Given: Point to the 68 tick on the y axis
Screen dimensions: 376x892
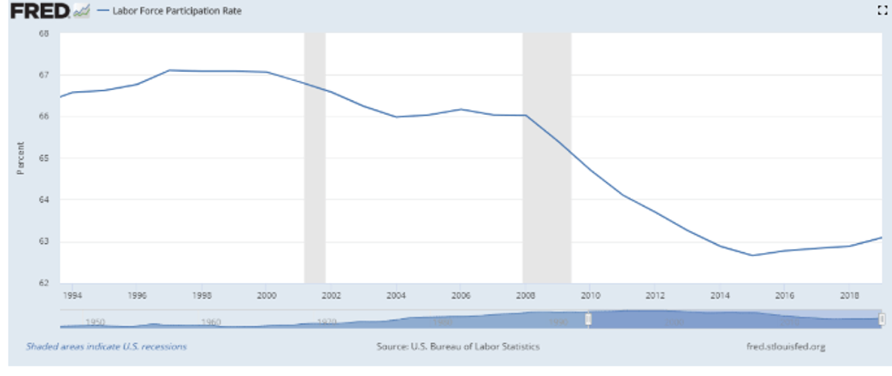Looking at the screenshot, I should [x=44, y=34].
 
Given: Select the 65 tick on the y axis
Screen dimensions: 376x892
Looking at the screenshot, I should [x=44, y=158].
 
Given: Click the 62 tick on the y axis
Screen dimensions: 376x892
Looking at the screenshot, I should [x=44, y=283].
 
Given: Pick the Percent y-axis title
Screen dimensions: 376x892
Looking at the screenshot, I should [x=20, y=158].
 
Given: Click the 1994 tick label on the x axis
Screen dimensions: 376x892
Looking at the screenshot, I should [x=74, y=296].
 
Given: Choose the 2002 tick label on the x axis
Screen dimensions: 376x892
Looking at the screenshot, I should [x=330, y=296].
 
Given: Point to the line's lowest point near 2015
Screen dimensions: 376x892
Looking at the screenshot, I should [x=753, y=255].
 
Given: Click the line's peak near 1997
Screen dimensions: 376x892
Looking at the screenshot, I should [x=170, y=70].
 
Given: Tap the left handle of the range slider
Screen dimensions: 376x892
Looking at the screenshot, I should [x=589, y=319].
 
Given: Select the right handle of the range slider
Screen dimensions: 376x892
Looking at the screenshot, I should [x=882, y=319].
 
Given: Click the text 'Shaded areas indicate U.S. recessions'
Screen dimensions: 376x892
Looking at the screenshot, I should [x=106, y=347].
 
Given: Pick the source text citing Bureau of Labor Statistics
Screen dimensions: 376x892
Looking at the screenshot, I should [x=458, y=347].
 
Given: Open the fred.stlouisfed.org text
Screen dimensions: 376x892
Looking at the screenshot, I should [x=786, y=347].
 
